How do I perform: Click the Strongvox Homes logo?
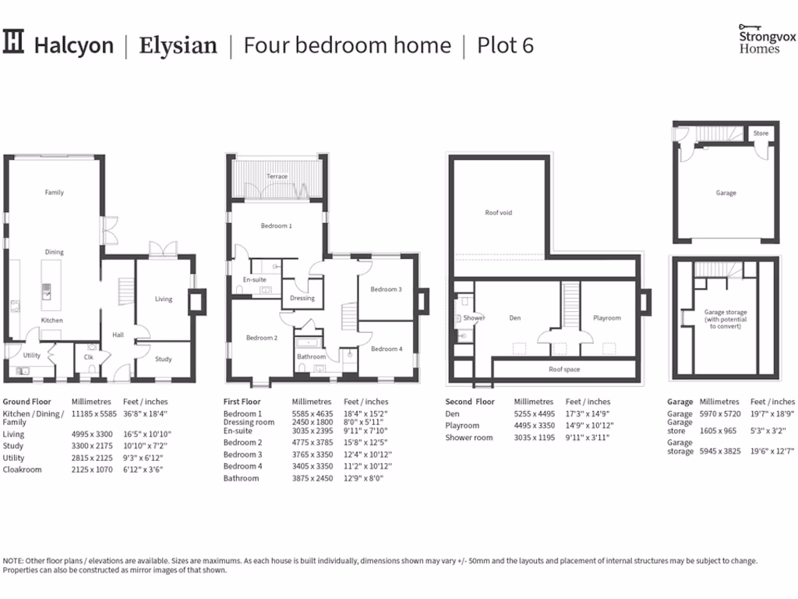coord(759,39)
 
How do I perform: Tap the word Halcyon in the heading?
coord(73,45)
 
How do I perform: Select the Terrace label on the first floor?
coord(277,176)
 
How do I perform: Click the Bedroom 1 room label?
coord(276,226)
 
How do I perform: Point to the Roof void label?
coord(498,212)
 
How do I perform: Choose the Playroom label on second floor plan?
coord(607,318)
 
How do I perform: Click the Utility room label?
coord(31,355)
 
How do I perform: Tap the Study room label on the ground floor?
coord(163,360)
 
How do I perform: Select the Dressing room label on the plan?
coord(302,298)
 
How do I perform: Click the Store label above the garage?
coord(761,133)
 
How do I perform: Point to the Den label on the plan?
coord(514,318)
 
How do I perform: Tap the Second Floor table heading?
coord(470,402)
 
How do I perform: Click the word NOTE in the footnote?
coord(13,561)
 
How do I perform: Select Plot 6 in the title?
coord(505,45)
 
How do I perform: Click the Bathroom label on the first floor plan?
coord(311,357)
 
